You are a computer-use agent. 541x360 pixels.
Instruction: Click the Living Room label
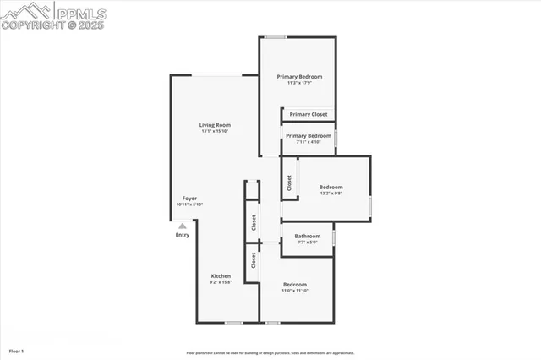(x=215, y=125)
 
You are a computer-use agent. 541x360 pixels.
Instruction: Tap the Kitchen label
(x=221, y=276)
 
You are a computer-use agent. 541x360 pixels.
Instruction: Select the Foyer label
(x=189, y=198)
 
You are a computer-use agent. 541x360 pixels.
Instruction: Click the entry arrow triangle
(x=182, y=226)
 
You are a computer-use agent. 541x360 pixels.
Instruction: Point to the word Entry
(x=183, y=236)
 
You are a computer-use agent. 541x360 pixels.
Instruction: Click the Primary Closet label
(x=308, y=114)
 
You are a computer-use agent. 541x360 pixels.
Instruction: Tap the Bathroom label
(x=307, y=236)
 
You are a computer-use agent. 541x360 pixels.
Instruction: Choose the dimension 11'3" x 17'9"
(x=299, y=83)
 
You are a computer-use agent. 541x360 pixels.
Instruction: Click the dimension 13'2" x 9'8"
(x=331, y=194)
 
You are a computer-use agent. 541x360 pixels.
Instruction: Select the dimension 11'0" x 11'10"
(x=295, y=291)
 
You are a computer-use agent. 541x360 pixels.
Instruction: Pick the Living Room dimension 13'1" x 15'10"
(x=215, y=131)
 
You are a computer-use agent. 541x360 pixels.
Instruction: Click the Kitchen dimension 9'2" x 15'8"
(x=221, y=282)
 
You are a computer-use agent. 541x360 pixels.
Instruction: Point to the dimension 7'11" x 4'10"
(x=308, y=141)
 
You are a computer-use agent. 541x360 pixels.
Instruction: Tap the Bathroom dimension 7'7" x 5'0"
(x=307, y=243)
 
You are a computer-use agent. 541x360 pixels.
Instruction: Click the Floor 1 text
(x=16, y=351)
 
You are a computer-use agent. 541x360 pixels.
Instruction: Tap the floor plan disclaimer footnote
(x=270, y=353)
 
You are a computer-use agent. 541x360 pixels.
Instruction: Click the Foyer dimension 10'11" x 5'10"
(x=189, y=204)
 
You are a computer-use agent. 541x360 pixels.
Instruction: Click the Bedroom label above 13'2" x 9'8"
(x=331, y=187)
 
